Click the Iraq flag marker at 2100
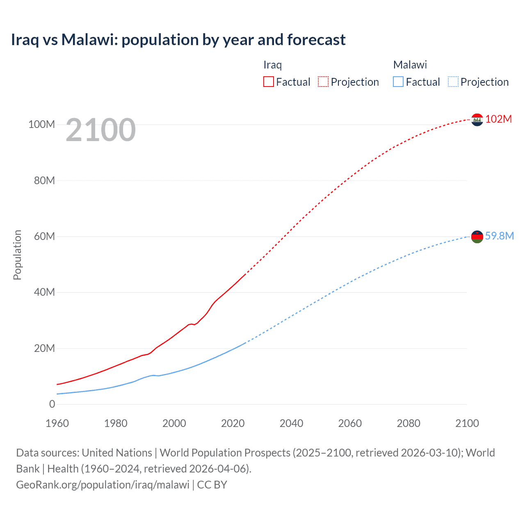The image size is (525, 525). pyautogui.click(x=477, y=120)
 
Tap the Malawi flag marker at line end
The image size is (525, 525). pyautogui.click(x=477, y=237)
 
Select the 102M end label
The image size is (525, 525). pyautogui.click(x=498, y=119)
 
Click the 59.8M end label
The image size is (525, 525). pyautogui.click(x=499, y=236)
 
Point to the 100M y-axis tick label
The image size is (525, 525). pyautogui.click(x=41, y=124)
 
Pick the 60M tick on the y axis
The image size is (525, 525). pyautogui.click(x=44, y=236)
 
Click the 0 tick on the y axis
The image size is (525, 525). pyautogui.click(x=52, y=404)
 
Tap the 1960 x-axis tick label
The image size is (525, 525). pyautogui.click(x=57, y=423)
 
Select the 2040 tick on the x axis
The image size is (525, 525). pyautogui.click(x=291, y=423)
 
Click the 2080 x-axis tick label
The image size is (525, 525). pyautogui.click(x=409, y=423)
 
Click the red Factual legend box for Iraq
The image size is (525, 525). pyautogui.click(x=269, y=82)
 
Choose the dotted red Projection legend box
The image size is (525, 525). pyautogui.click(x=323, y=82)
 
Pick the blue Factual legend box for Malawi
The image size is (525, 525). pyautogui.click(x=398, y=82)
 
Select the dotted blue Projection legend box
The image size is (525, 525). pyautogui.click(x=453, y=82)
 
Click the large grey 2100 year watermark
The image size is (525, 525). pyautogui.click(x=100, y=130)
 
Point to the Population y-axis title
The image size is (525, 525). pyautogui.click(x=17, y=255)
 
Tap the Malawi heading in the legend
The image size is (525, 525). pyautogui.click(x=410, y=65)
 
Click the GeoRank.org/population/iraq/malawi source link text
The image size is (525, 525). pyautogui.click(x=103, y=484)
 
